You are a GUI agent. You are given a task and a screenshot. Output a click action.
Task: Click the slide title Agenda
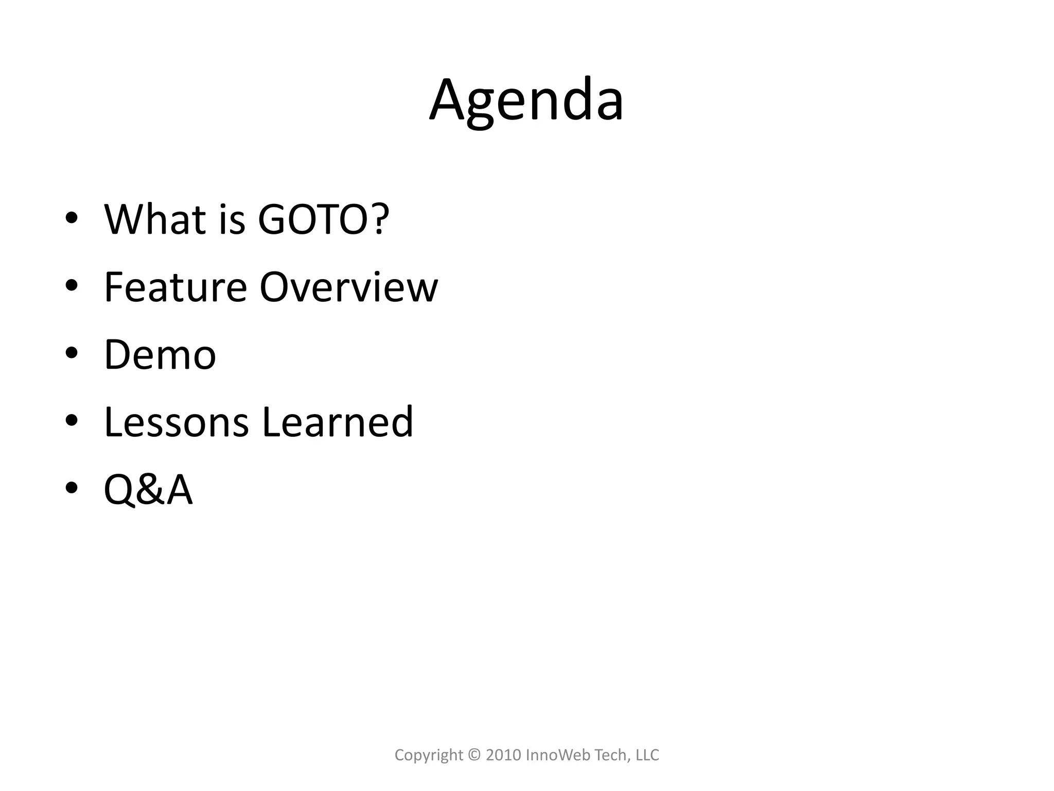tap(526, 100)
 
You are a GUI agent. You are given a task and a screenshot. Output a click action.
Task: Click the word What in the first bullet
tap(155, 219)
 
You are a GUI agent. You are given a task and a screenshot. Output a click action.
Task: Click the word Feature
tap(175, 287)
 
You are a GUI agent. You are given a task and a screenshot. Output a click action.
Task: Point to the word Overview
tap(348, 287)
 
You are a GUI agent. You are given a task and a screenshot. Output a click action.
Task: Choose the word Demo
tap(160, 355)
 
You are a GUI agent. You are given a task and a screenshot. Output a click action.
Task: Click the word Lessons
tap(177, 422)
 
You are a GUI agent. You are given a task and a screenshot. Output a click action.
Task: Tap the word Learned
tap(337, 422)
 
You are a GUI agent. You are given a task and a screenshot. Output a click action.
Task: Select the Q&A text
tap(148, 490)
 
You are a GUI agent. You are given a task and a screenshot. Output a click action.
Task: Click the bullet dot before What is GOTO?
tap(72, 218)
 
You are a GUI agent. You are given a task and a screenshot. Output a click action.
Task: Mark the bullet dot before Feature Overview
tap(72, 286)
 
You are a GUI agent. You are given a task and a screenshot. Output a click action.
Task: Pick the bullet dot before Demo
tap(72, 354)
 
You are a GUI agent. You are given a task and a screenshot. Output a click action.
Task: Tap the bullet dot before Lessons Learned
tap(72, 421)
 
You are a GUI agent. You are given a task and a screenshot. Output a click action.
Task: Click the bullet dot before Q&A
tap(72, 489)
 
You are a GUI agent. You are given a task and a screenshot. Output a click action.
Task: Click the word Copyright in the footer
tap(429, 755)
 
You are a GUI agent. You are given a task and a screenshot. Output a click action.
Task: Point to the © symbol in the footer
tap(474, 755)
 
